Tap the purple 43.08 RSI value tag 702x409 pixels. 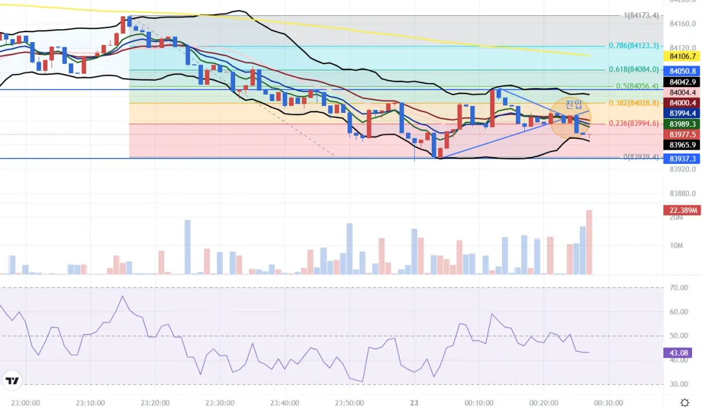coord(680,353)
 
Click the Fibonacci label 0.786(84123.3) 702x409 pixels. coord(634,46)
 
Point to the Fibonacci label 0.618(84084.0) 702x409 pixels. coord(634,69)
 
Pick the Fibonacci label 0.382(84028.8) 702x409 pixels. coord(634,103)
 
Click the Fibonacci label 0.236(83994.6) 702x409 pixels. coord(634,123)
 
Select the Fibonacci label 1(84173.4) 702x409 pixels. coord(641,15)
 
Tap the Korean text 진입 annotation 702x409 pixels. coord(573,105)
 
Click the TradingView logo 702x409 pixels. coord(12,381)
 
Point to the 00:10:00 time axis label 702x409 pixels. coord(479,403)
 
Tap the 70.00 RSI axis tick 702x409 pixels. coord(679,288)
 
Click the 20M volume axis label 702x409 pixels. coord(676,218)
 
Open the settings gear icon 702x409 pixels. coord(685,403)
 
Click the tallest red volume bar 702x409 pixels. coord(589,242)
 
